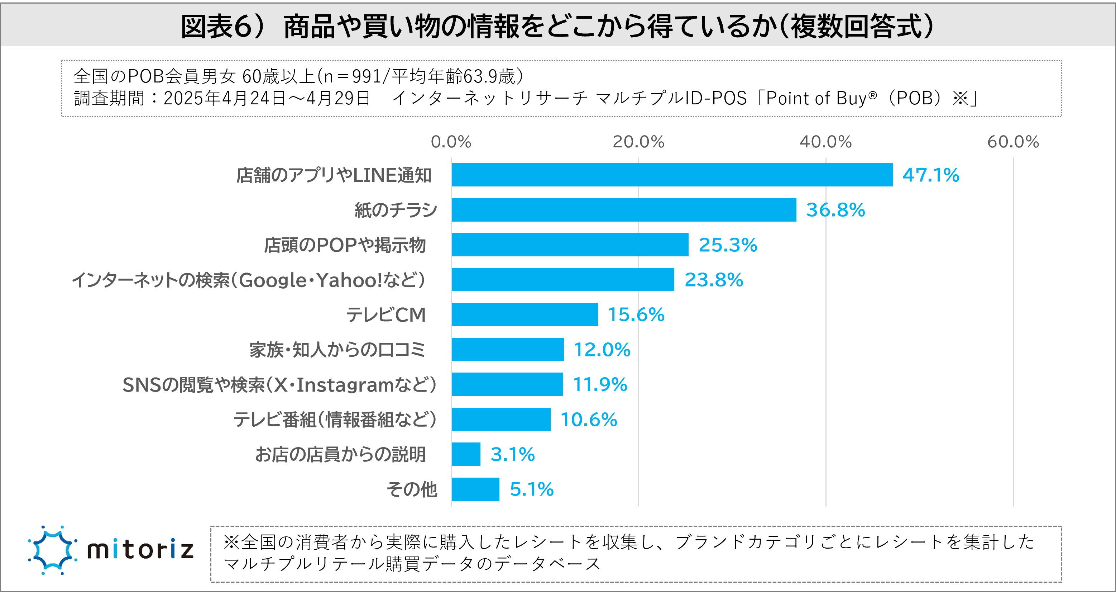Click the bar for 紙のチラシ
click(624, 210)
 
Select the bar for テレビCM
click(524, 314)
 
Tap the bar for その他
click(475, 489)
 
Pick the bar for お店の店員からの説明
click(466, 454)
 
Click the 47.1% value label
click(930, 175)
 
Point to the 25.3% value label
click(728, 245)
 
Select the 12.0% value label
click(602, 350)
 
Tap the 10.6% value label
click(588, 420)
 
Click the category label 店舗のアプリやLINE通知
click(334, 175)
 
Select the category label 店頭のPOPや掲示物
click(345, 245)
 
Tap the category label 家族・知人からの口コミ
click(337, 350)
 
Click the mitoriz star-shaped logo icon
click(52, 550)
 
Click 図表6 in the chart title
click(216, 27)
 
